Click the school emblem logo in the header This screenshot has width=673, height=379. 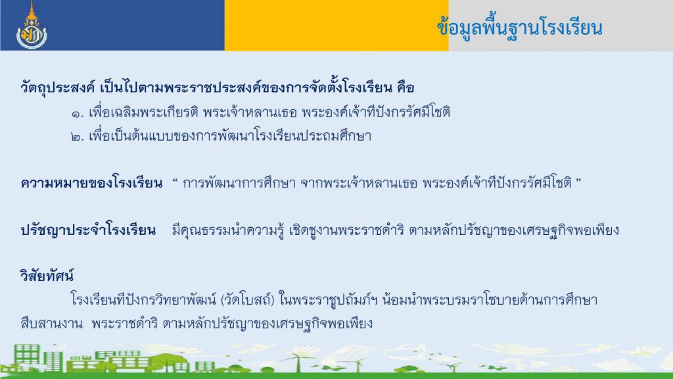click(32, 26)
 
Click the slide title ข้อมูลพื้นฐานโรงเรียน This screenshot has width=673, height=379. click(520, 28)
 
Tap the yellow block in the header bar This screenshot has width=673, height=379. click(336, 26)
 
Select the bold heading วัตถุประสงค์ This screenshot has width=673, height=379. click(58, 88)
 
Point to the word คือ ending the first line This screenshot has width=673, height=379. click(406, 88)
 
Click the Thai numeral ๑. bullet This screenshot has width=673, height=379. click(78, 113)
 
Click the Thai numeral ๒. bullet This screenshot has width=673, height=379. click(78, 138)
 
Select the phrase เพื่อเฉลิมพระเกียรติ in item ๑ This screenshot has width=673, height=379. click(143, 113)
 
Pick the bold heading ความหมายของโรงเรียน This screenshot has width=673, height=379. click(91, 184)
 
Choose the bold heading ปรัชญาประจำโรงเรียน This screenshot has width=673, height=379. click(88, 231)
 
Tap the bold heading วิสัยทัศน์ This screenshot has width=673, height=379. click(47, 276)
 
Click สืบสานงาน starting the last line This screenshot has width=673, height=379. click(51, 323)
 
